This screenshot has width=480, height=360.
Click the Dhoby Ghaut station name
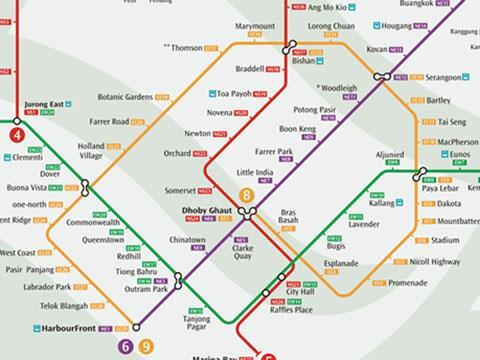204,209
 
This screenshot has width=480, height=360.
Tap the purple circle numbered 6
126,347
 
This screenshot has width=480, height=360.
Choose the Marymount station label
255,26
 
